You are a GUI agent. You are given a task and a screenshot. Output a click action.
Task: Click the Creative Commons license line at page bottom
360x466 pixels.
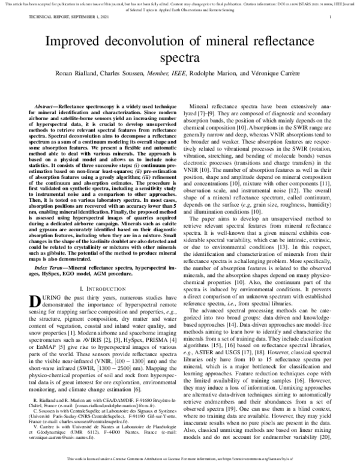(x=180, y=458)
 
